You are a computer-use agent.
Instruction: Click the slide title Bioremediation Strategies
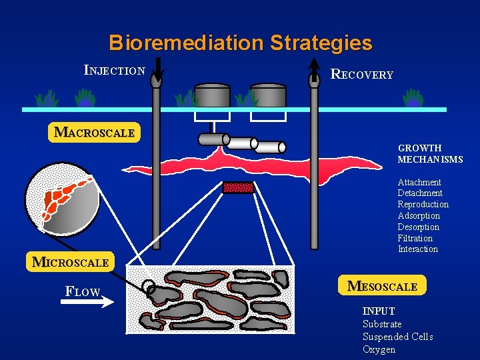[240, 43]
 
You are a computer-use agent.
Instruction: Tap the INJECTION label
[115, 69]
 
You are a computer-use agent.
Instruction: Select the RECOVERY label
[362, 74]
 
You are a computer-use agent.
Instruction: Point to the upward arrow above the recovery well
[315, 67]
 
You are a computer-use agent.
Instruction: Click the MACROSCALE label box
[94, 132]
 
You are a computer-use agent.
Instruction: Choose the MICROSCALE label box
[70, 262]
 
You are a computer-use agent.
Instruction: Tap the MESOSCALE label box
[382, 286]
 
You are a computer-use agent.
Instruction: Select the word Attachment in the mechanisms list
[419, 182]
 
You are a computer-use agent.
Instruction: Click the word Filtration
[415, 238]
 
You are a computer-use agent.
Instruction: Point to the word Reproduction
[423, 204]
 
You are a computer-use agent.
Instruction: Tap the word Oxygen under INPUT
[379, 349]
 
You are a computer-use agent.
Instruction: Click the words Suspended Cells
[397, 337]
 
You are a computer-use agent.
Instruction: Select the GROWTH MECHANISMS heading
[430, 153]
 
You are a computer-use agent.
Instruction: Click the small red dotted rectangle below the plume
[238, 187]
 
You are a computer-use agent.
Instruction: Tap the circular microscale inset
[62, 199]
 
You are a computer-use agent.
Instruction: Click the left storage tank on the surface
[212, 97]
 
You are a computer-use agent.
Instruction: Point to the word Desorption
[418, 227]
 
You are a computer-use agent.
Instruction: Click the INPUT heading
[379, 311]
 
